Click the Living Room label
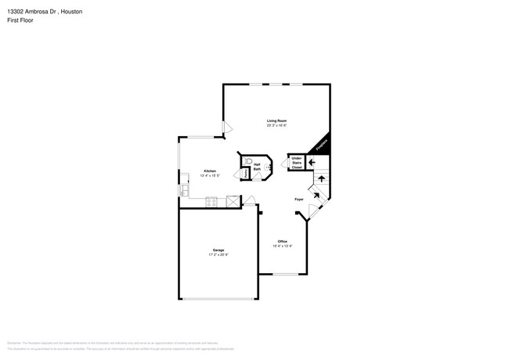click(x=276, y=121)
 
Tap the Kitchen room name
click(x=210, y=171)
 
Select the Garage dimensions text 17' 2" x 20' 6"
click(x=218, y=254)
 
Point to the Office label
click(x=282, y=241)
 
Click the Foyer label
click(x=298, y=200)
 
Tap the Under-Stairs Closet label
click(x=297, y=163)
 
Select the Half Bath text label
click(x=257, y=166)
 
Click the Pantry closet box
click(x=245, y=172)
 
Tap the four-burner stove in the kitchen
click(x=211, y=202)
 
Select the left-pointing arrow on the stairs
click(x=311, y=162)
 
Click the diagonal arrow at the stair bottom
click(x=316, y=193)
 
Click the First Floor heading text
click(x=20, y=20)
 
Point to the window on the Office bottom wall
click(x=284, y=274)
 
